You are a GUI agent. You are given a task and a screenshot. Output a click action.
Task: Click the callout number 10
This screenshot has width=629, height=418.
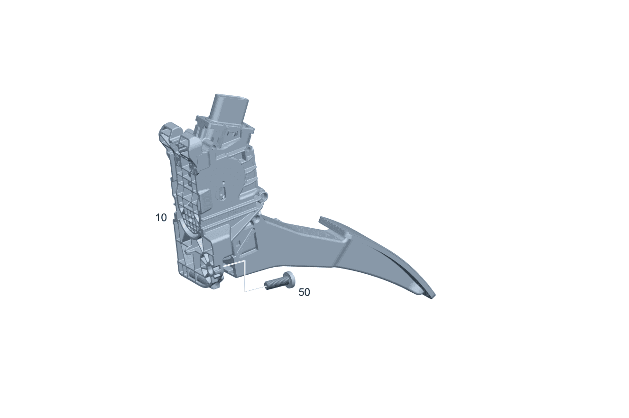tap(161, 217)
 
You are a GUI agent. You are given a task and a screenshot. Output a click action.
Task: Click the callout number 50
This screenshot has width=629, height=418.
tap(304, 292)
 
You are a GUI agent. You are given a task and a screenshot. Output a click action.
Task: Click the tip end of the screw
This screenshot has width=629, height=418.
tap(266, 287)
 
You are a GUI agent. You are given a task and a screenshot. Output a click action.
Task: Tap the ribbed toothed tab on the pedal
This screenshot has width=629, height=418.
tap(334, 225)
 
